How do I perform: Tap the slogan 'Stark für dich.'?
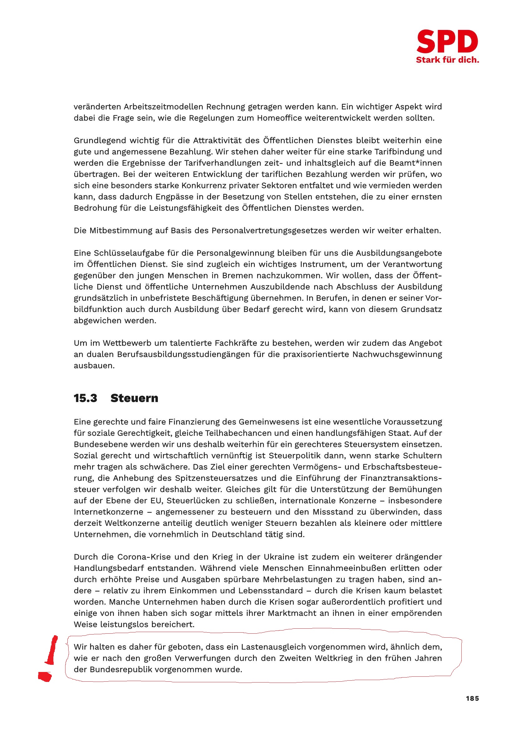[447, 60]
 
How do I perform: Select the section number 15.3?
[85, 398]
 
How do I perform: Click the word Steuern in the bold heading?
[134, 398]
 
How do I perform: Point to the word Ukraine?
[277, 557]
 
